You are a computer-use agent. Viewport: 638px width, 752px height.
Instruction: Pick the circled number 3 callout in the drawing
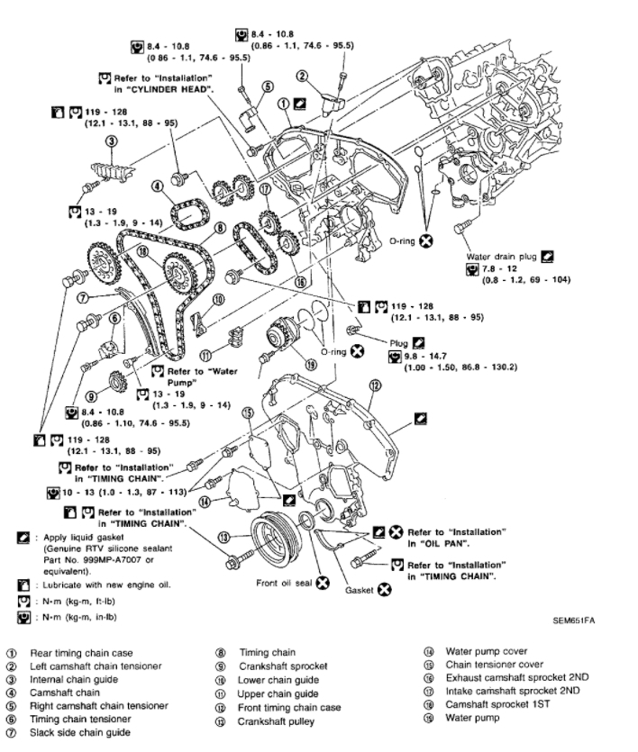[110, 141]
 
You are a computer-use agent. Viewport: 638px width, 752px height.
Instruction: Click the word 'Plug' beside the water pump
[398, 342]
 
